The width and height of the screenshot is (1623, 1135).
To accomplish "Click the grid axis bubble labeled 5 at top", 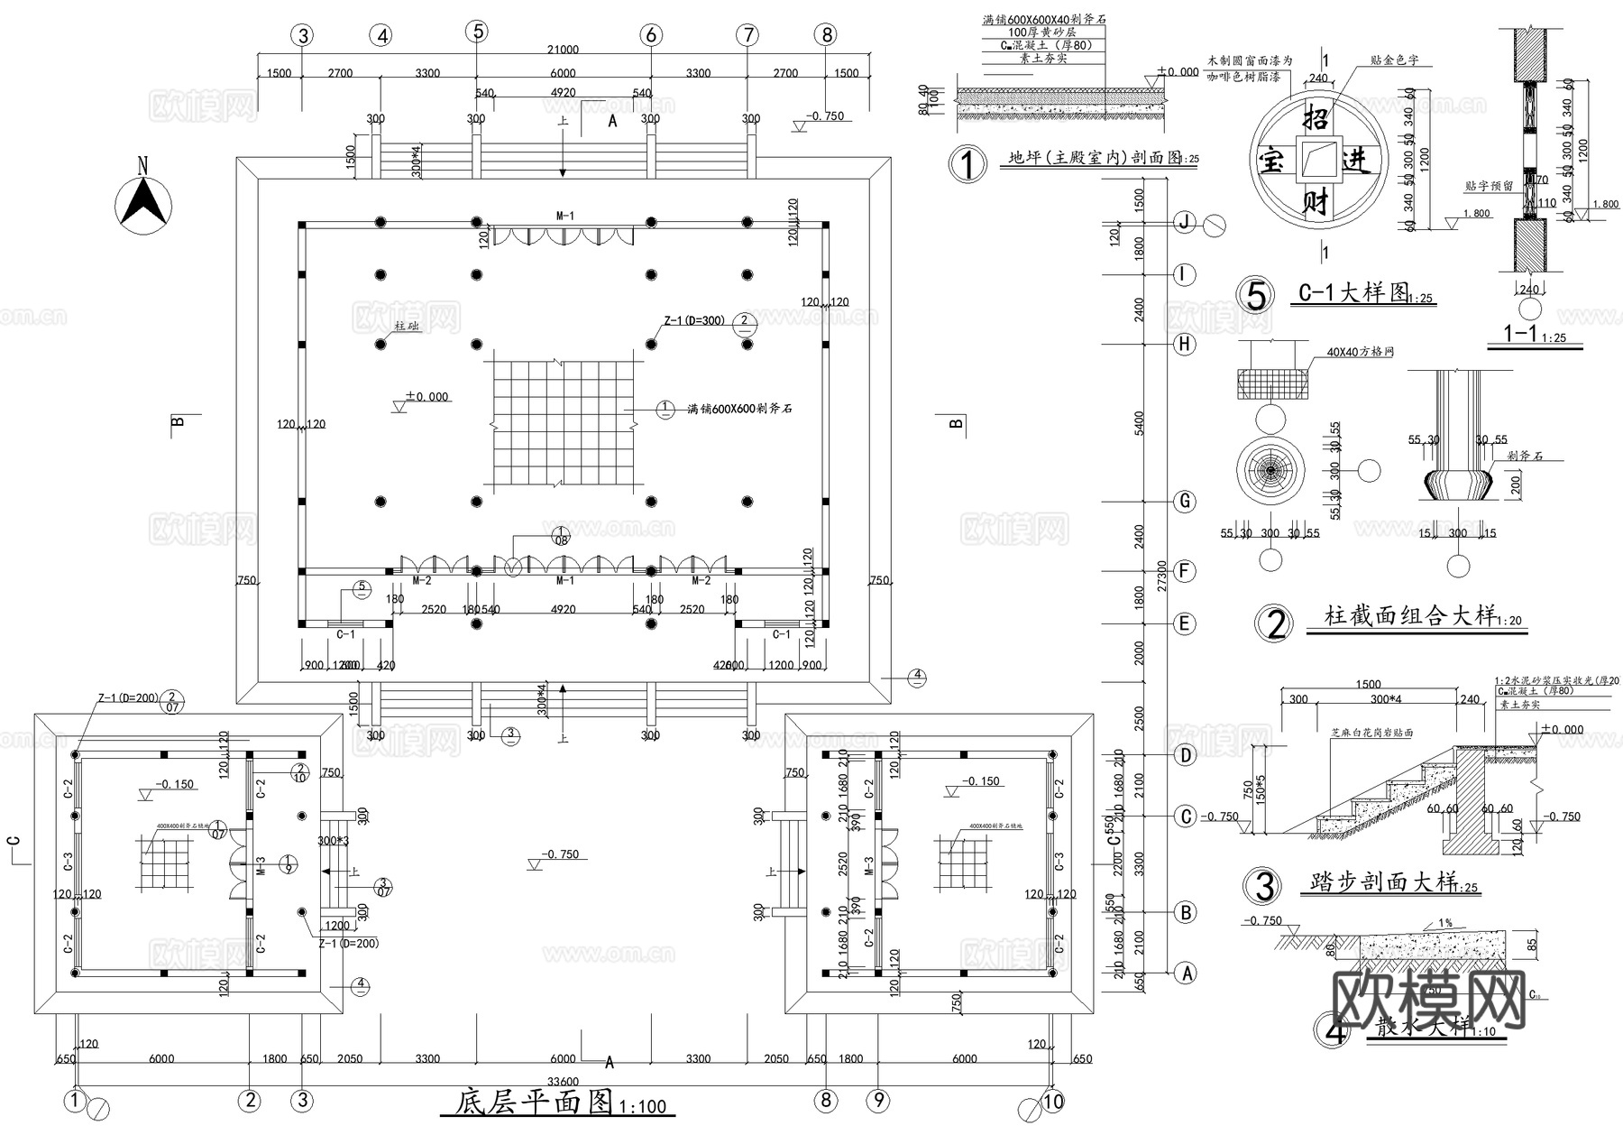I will tap(477, 32).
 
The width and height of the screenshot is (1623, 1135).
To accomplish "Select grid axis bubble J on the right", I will tap(1185, 223).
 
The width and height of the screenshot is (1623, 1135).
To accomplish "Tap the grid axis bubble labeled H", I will tap(1185, 344).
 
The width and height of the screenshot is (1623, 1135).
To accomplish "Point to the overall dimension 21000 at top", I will tap(563, 51).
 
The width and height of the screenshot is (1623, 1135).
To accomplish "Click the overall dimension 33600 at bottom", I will tap(563, 1081).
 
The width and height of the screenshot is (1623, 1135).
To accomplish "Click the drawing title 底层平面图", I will tap(534, 1103).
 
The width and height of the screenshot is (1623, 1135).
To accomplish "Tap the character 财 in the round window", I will tap(1316, 202).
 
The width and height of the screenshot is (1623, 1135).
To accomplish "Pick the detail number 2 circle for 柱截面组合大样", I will tap(1275, 624).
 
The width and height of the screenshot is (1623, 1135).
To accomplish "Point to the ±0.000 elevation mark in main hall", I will tap(426, 397).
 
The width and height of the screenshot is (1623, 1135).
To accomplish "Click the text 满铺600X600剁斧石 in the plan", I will tap(739, 409).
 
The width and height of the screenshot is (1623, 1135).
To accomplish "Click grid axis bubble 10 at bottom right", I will tap(1052, 1102).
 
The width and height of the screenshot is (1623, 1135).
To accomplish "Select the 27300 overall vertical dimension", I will tap(1162, 576).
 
